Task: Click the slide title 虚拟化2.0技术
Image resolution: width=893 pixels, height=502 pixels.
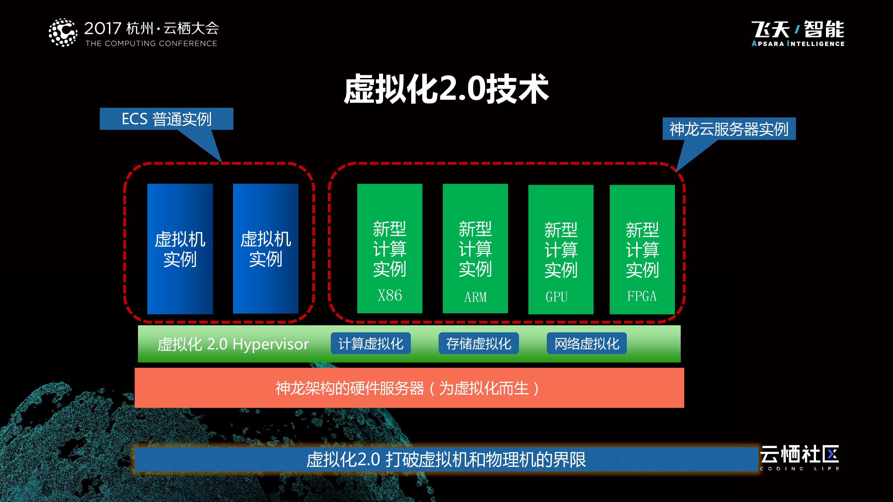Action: pos(446,89)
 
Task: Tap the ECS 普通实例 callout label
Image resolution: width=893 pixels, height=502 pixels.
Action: pos(166,119)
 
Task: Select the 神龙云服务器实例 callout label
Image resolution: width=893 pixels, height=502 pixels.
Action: pos(729,129)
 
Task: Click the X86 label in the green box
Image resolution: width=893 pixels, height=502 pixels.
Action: pos(390,296)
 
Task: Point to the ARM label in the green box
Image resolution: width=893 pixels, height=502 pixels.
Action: pos(475,297)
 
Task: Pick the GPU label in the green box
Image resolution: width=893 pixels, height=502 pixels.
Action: pos(556,297)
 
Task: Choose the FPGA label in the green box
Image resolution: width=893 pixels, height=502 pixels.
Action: pos(642,296)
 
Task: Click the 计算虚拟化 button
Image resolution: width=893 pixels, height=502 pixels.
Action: pos(371,343)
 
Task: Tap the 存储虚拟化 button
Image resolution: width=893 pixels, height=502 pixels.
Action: pos(478,343)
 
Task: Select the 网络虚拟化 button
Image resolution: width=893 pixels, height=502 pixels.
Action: pos(587,343)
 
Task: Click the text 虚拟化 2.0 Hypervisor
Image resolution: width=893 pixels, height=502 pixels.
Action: pos(233,344)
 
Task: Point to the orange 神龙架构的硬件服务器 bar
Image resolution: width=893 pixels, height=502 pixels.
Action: pos(409,388)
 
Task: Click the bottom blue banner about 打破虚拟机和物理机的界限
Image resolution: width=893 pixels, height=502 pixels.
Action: pos(446,459)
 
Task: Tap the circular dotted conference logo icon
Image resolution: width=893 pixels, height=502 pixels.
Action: pos(63,32)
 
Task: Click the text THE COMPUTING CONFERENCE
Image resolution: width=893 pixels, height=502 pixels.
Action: pos(151,44)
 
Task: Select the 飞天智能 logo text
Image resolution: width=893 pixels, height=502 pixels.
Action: pos(798,29)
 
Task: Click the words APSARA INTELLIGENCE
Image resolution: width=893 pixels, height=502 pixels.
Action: pos(798,44)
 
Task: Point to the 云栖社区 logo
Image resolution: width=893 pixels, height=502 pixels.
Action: pos(799,454)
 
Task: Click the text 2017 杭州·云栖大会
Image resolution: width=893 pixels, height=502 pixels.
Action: pos(151,28)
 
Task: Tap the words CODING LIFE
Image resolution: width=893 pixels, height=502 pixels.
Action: pos(799,469)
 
